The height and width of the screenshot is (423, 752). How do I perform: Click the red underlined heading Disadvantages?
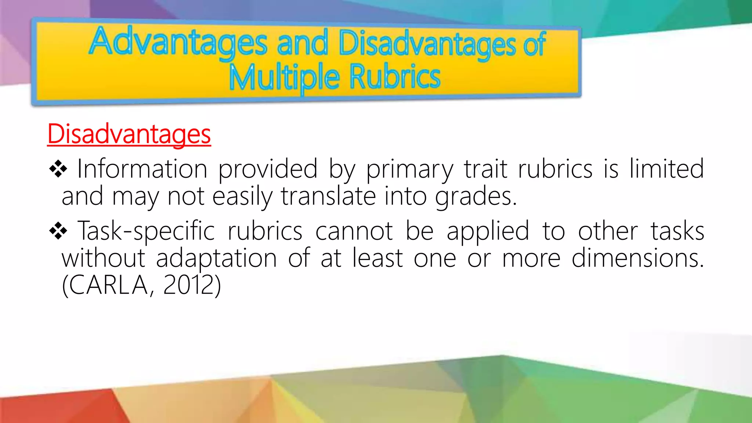(129, 134)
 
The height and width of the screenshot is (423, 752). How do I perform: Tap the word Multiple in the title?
(284, 77)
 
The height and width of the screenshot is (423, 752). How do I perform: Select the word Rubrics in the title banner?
(395, 76)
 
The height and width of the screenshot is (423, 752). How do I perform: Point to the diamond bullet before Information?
(58, 169)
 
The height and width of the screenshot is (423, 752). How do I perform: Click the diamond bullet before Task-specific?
(58, 231)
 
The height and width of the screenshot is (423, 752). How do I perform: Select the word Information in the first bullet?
(142, 169)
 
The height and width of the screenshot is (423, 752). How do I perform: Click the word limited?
(666, 169)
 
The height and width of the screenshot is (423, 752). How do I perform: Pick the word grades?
(476, 197)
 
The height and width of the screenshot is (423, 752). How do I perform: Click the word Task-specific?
(146, 232)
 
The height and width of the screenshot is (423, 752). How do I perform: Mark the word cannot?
(354, 231)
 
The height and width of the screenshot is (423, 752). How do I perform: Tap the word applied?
(488, 232)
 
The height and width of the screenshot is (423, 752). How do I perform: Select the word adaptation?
(216, 258)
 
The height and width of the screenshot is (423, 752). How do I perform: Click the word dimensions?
(637, 258)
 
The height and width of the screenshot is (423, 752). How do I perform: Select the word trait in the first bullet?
(486, 169)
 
